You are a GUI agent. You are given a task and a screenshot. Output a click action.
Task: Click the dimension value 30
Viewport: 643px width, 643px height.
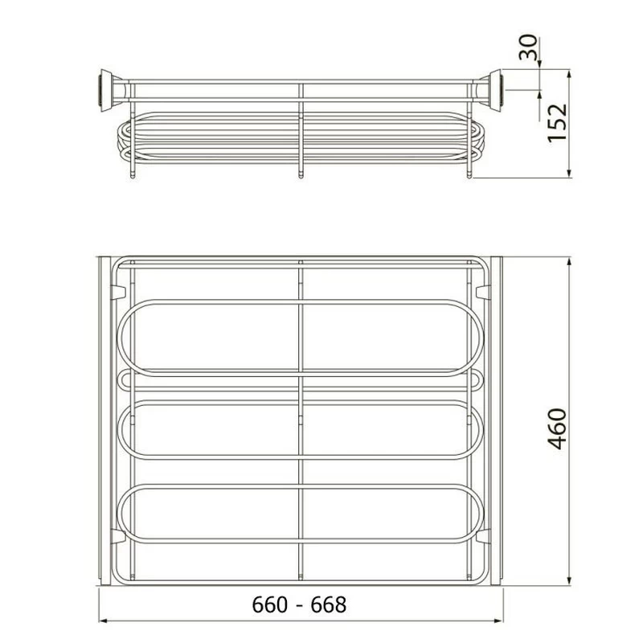point(528,47)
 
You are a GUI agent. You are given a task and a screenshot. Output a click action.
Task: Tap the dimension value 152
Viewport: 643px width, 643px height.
point(557,123)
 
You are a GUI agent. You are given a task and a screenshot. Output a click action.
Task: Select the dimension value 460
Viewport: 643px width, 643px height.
point(557,428)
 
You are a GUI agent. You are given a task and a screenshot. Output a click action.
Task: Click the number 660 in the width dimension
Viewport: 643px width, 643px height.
point(269,605)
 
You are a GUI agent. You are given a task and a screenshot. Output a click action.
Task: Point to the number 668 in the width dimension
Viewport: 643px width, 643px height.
point(329,605)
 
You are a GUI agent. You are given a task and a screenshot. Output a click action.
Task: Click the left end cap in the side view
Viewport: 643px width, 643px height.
point(108,90)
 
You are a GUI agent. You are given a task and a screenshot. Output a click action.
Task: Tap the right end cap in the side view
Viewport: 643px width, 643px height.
point(492,90)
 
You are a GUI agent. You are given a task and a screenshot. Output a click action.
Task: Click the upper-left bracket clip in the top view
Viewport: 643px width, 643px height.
point(117,292)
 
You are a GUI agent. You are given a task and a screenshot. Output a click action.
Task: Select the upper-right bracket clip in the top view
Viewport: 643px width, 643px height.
point(483,292)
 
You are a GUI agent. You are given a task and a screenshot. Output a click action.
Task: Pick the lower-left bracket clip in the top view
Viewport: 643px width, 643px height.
point(117,536)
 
